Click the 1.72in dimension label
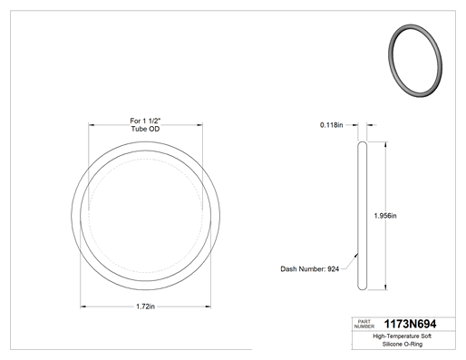tap(145, 306)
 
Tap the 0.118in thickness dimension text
tap(332, 125)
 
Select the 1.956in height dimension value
tap(385, 216)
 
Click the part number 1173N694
tap(410, 324)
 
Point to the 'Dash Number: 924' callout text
tap(310, 269)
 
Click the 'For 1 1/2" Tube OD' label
tap(145, 125)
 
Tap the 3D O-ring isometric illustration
tap(415, 61)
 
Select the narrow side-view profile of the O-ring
tap(362, 216)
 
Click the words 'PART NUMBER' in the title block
tap(364, 324)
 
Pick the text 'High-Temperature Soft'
tap(403, 336)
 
